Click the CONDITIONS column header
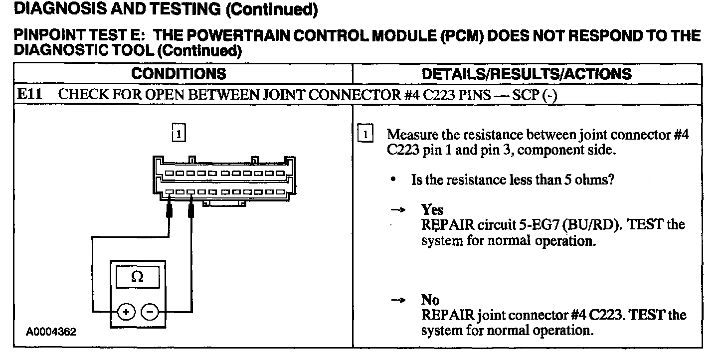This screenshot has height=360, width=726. point(179,74)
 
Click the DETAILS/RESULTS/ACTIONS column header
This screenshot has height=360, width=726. point(527,74)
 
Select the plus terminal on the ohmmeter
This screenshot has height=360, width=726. point(126,312)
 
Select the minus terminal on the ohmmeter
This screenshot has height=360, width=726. point(150,312)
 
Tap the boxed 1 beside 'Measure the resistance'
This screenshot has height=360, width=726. point(365,135)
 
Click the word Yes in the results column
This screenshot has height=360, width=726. point(432,209)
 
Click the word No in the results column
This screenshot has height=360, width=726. point(430,300)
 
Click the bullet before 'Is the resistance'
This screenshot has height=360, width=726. point(394,180)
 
